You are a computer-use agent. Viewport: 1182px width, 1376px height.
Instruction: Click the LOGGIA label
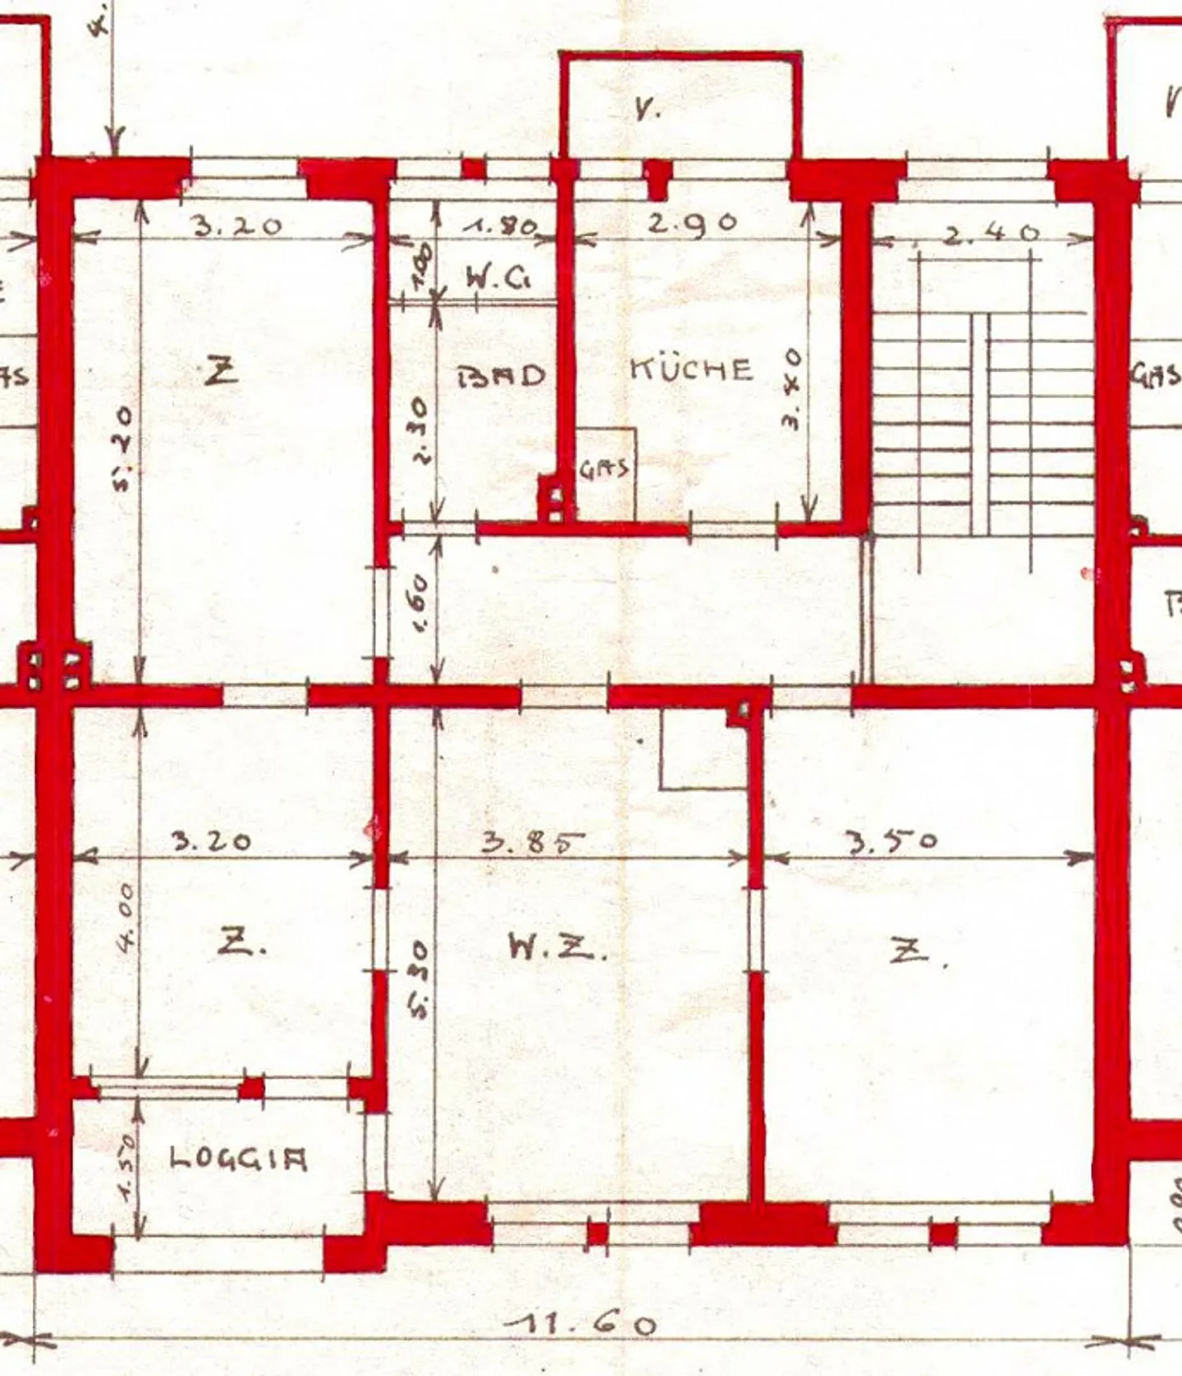[x=238, y=1159]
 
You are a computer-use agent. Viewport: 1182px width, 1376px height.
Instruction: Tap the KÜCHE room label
[x=691, y=369]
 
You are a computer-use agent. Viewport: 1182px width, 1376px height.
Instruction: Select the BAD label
[x=501, y=377]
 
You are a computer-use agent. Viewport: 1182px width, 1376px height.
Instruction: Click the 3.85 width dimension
[x=533, y=842]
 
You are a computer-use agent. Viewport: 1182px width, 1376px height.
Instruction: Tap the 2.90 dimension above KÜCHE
[x=693, y=223]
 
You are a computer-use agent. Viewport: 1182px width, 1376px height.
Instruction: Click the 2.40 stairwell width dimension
[x=991, y=233]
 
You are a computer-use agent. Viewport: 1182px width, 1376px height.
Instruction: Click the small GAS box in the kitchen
[x=605, y=471]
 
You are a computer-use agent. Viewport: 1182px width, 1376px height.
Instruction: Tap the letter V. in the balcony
[x=648, y=109]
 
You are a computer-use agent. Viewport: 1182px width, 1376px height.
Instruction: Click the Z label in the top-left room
[x=222, y=373]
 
